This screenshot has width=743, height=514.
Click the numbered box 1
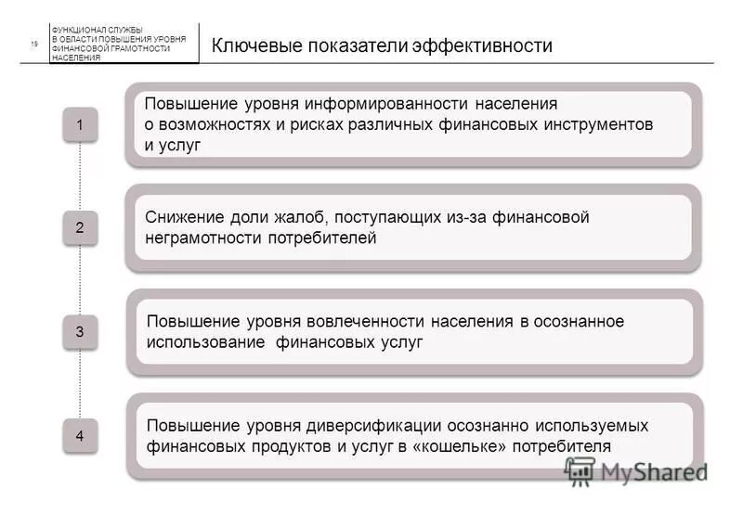80,124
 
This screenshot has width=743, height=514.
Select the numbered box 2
80,227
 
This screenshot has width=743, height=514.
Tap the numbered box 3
80,331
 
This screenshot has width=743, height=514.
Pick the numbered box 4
80,434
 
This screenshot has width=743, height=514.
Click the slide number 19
34,44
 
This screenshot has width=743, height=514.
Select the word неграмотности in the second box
199,238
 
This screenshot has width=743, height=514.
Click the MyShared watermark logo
637,471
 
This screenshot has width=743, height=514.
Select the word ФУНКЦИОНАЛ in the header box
77,31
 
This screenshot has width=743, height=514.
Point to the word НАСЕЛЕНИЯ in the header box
76,58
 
